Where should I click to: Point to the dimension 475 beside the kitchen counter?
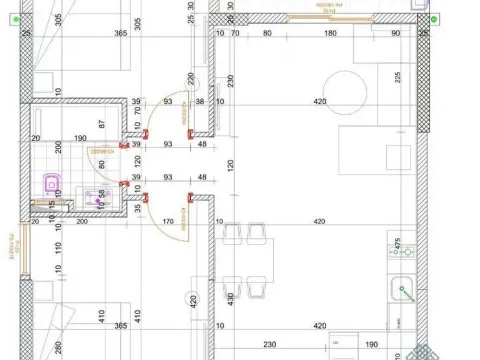[398, 243]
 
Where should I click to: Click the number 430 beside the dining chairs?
[231, 298]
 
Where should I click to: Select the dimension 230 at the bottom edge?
[269, 345]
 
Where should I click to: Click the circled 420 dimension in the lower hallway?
[193, 299]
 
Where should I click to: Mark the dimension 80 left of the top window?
[267, 33]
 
